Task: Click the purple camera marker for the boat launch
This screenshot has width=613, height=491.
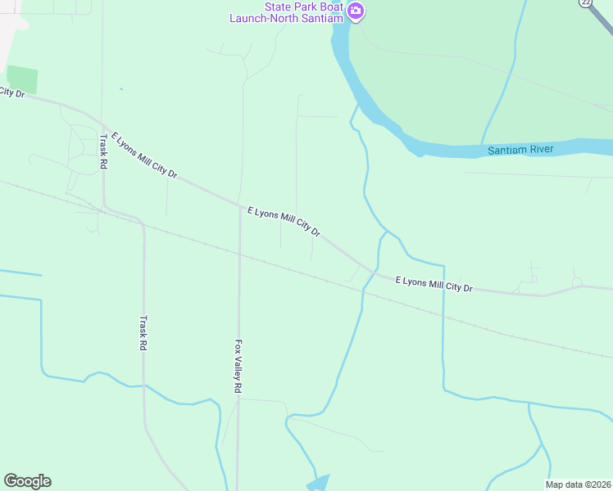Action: coord(356,11)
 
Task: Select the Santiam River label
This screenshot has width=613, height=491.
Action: coord(521,150)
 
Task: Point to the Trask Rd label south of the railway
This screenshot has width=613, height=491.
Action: coord(143,333)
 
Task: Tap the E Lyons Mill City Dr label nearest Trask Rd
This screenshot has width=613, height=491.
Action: coord(144,155)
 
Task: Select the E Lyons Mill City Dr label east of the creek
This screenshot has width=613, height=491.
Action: coord(434,284)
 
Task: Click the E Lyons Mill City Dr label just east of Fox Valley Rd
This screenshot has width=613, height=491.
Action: coord(284,222)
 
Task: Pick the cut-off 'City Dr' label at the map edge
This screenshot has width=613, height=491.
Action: coord(12,92)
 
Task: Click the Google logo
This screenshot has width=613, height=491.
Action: coord(27,481)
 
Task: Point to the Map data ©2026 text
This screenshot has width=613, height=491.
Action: coord(578,484)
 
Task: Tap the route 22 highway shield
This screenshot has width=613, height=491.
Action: coord(585,3)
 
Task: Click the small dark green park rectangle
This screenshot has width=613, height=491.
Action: coord(22,79)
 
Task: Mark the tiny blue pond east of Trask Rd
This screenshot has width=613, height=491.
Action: coord(121,88)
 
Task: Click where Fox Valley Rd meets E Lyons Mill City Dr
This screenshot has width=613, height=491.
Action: coord(239,205)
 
